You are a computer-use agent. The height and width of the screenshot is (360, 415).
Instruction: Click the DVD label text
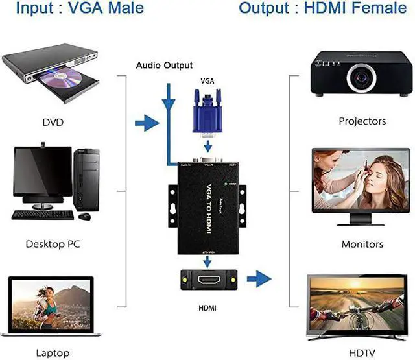click(x=52, y=121)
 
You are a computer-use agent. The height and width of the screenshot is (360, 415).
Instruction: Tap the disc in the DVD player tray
click(x=65, y=80)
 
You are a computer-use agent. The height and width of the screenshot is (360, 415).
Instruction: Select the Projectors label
click(x=362, y=121)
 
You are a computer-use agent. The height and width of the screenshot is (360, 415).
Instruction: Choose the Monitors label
click(x=362, y=245)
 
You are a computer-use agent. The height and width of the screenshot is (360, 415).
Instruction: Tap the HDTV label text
click(x=362, y=354)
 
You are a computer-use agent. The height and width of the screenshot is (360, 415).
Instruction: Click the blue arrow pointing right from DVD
click(x=148, y=121)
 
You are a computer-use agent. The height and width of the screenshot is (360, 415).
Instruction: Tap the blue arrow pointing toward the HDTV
click(x=260, y=280)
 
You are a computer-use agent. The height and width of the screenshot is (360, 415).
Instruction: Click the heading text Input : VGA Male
click(x=72, y=8)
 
